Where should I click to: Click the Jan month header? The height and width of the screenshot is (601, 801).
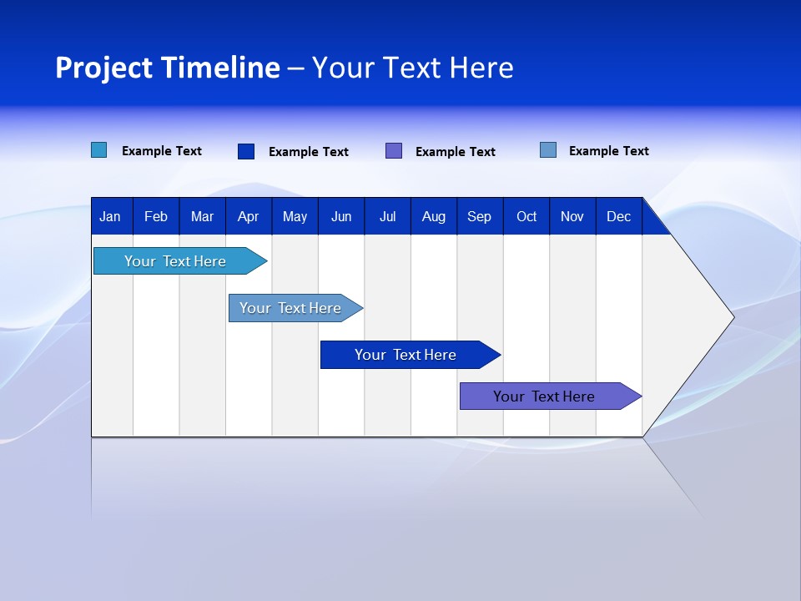click(111, 217)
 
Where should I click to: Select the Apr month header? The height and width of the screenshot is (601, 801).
click(249, 217)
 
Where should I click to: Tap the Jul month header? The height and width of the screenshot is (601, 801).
click(387, 217)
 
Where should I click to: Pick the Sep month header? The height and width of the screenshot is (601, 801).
click(479, 217)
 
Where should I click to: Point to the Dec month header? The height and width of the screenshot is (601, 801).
click(618, 217)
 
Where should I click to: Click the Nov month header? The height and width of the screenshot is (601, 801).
click(572, 217)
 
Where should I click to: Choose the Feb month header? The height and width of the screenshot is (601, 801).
click(156, 217)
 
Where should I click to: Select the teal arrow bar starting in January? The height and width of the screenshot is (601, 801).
click(175, 261)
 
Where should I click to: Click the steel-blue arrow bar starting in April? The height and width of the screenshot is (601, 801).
click(290, 308)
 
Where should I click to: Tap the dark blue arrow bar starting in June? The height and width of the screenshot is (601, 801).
click(406, 355)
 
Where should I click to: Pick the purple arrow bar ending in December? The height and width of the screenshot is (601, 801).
click(544, 396)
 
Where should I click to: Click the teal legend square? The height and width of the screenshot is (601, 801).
click(99, 150)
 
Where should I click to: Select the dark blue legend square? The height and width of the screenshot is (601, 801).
click(246, 151)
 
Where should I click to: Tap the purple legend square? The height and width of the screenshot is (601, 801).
click(394, 150)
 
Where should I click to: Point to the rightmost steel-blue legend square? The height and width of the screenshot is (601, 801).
click(548, 150)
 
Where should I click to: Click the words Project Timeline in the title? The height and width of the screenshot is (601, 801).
click(167, 68)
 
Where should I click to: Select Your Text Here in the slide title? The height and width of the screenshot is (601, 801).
click(412, 68)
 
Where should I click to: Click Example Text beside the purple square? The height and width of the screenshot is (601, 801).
click(456, 152)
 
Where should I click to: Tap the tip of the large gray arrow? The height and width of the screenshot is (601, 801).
click(732, 316)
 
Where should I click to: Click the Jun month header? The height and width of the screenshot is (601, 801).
click(341, 217)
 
